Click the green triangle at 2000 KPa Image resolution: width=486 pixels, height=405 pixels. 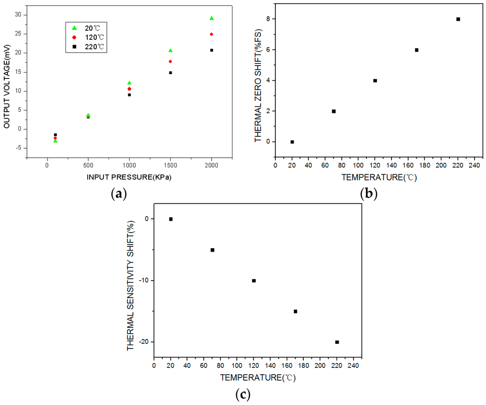pos(212,18)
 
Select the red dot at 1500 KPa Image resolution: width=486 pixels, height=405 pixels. pos(170,61)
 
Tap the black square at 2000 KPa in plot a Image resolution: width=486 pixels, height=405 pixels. pos(212,50)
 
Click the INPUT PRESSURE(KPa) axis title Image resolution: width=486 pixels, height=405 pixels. pos(129,177)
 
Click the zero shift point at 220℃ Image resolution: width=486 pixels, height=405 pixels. pos(458,19)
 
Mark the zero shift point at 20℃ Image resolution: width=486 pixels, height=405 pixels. pos(292,142)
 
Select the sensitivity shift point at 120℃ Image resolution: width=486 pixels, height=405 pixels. pos(254,281)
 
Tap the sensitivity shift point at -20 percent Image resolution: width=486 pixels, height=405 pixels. pos(337,342)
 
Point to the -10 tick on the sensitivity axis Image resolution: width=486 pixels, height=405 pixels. pos(143,281)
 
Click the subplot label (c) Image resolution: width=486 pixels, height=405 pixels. pos(243,394)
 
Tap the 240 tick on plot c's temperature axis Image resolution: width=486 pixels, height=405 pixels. pos(354,366)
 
